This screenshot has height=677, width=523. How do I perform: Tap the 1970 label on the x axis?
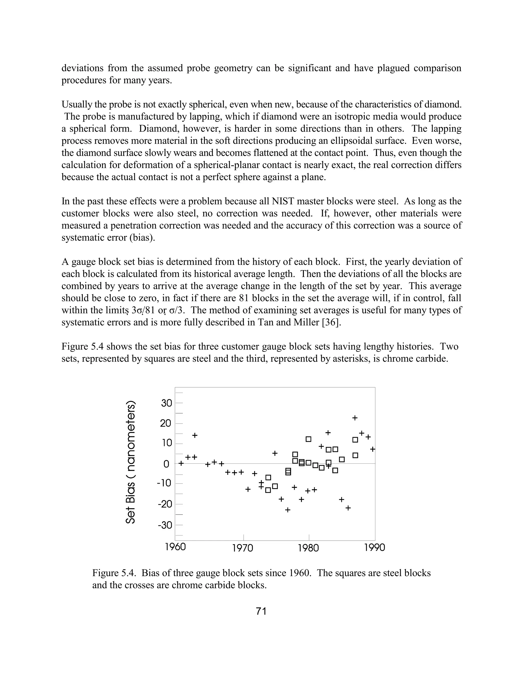(x=243, y=548)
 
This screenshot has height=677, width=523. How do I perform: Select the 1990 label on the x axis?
(x=374, y=548)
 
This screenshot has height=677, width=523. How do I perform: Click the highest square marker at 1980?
(x=308, y=439)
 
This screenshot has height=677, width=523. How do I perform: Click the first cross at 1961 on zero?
(x=181, y=463)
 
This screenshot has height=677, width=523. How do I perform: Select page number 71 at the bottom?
(x=261, y=611)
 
